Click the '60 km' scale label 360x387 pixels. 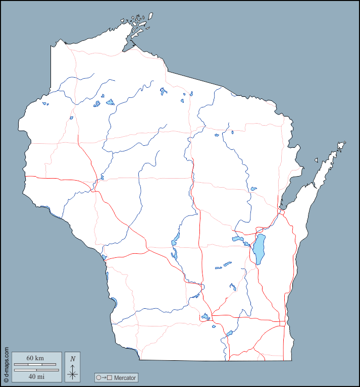(35, 358)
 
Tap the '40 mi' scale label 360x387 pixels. (35, 376)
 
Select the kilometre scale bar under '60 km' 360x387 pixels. (35, 364)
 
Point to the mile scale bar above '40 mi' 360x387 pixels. (35, 370)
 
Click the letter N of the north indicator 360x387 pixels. (73, 359)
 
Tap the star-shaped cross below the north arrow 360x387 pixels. (73, 374)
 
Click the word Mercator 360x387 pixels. (125, 377)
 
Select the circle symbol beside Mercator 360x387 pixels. (98, 377)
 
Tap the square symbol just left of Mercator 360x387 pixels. (109, 377)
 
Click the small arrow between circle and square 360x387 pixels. (104, 377)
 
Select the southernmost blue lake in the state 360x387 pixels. (229, 333)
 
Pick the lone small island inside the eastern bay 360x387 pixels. (317, 160)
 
